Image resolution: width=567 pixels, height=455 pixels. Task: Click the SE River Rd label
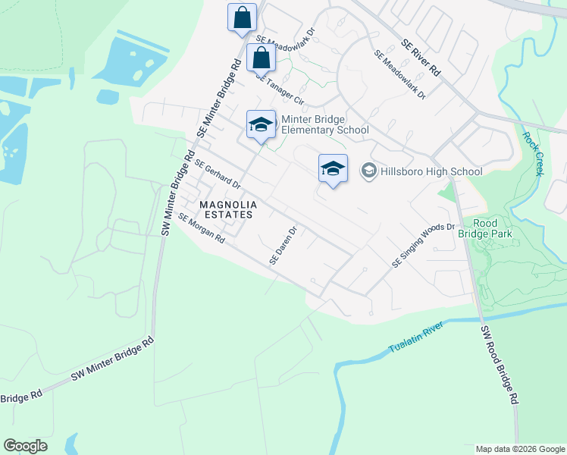[421, 58]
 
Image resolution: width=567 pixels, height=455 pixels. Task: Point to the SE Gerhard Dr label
[218, 174]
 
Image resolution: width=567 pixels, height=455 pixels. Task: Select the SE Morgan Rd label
[202, 227]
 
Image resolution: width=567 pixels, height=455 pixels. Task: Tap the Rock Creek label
[533, 154]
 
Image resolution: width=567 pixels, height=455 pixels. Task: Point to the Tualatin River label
[414, 338]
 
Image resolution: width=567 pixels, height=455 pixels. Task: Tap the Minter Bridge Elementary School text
[324, 124]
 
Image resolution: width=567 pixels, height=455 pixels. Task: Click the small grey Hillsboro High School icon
[368, 171]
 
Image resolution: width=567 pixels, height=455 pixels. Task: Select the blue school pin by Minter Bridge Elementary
[260, 126]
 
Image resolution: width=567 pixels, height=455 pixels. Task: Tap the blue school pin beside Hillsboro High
[332, 169]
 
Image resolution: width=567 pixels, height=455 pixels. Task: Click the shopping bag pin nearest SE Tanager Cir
[261, 58]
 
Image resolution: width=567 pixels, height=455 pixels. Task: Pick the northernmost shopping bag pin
[242, 18]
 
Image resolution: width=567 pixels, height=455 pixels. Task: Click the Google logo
[25, 446]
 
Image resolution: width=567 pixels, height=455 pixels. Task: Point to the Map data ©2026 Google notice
[520, 449]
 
